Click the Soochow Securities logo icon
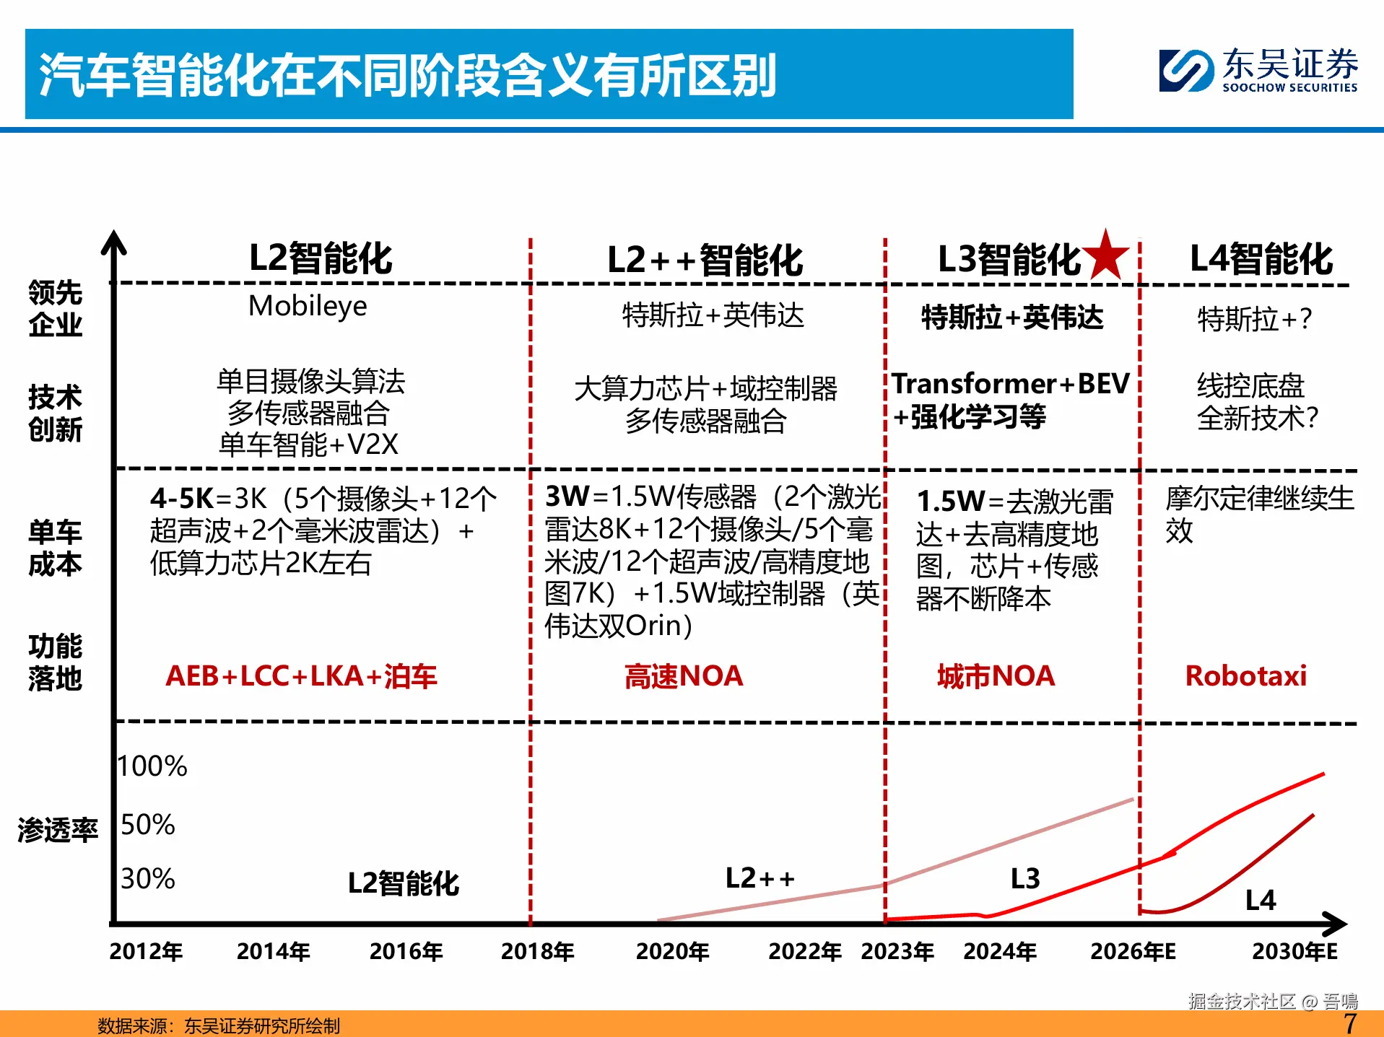(1185, 70)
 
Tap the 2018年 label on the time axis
(537, 951)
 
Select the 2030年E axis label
(1294, 951)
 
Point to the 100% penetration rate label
(152, 766)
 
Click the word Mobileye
(308, 306)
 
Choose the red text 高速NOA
(683, 676)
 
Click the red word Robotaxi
(1245, 676)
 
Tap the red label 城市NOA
(996, 676)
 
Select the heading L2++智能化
(705, 260)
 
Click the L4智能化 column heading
(1261, 258)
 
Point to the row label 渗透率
(57, 830)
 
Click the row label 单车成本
(55, 548)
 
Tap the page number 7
(1349, 1023)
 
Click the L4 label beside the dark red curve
(1261, 900)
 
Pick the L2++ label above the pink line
(760, 878)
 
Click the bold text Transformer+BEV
(1010, 383)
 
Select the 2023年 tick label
(897, 951)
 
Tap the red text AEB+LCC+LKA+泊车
(301, 676)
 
